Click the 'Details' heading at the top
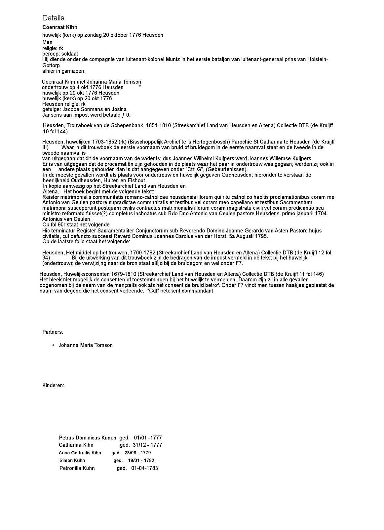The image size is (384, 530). click(53, 18)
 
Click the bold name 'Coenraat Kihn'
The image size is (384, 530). click(60, 27)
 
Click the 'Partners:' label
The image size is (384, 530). click(53, 332)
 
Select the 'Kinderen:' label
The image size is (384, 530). click(53, 385)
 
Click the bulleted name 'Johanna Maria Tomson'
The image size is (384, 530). click(85, 345)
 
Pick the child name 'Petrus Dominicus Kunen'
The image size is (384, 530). click(87, 438)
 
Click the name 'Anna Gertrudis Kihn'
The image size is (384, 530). click(80, 453)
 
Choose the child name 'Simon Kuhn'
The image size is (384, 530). click(72, 460)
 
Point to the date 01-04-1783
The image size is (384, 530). click(144, 468)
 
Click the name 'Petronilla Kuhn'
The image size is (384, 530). click(77, 468)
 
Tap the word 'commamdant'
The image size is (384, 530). click(199, 291)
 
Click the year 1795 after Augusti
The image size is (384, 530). click(262, 236)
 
